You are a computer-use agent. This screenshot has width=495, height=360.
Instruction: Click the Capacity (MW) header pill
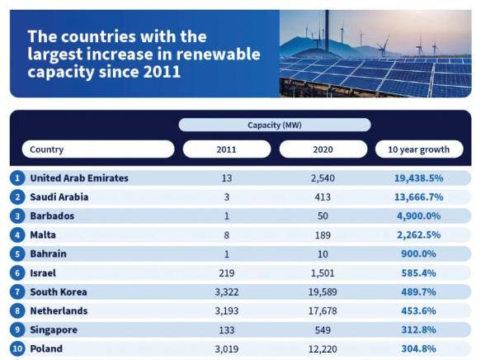[x=275, y=125]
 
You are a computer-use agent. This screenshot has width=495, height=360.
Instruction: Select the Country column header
[x=98, y=149]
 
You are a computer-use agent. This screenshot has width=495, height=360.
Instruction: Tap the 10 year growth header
[x=419, y=149]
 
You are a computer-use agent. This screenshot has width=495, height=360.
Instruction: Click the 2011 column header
[x=226, y=149]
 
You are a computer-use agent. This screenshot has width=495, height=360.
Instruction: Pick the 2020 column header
[x=323, y=149]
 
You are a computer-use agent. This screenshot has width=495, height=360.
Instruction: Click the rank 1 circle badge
[x=17, y=178]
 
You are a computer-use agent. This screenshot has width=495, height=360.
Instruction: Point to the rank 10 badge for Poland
[x=17, y=348]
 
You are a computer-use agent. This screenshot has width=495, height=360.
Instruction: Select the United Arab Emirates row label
[x=79, y=178]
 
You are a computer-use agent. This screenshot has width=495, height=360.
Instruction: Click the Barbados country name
[x=52, y=216]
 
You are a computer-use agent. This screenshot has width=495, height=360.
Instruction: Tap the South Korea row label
[x=59, y=292]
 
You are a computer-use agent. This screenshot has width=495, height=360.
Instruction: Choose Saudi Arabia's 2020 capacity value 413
[x=323, y=197]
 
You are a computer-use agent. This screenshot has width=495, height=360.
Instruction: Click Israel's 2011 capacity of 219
[x=227, y=273]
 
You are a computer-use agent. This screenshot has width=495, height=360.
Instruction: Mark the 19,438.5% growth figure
[x=418, y=178]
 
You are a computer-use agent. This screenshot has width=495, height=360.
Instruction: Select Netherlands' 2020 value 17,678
[x=323, y=311]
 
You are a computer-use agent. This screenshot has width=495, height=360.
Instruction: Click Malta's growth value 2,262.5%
[x=418, y=235]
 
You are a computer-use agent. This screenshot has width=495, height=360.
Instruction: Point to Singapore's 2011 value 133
[x=227, y=330]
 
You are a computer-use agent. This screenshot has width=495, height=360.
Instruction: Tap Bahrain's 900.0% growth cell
[x=418, y=254]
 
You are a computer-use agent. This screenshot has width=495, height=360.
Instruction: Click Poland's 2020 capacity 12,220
[x=323, y=349]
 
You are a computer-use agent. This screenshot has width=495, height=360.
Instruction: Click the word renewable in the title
[x=218, y=54]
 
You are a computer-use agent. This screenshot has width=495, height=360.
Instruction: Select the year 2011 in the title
[x=162, y=72]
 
